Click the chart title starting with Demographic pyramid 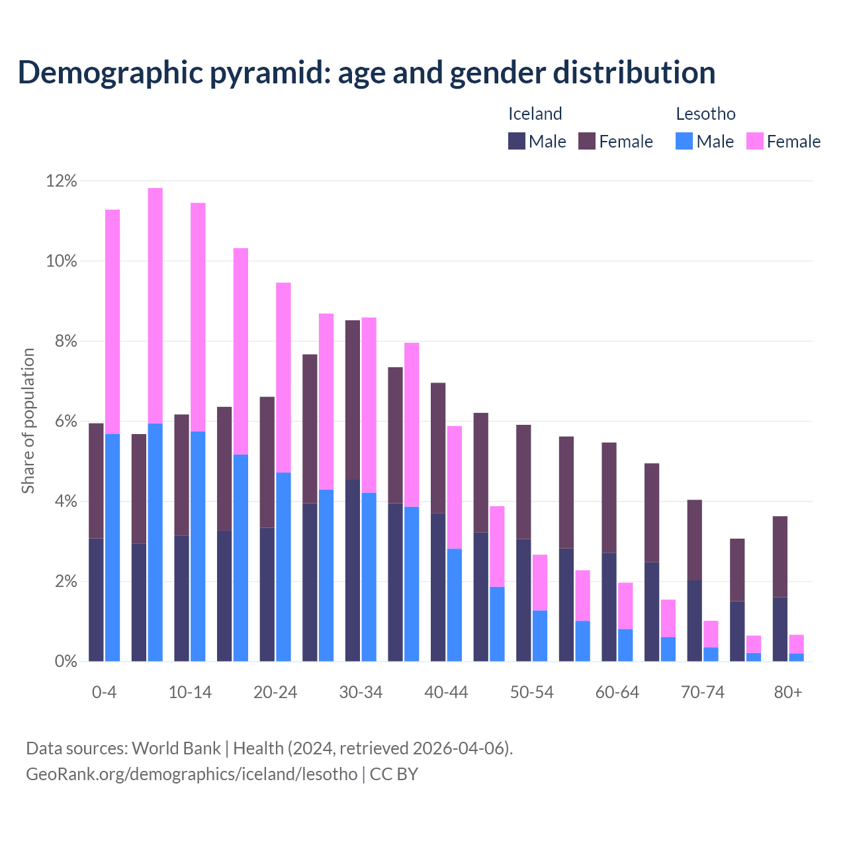pyautogui.click(x=366, y=73)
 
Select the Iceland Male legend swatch pyautogui.click(x=517, y=141)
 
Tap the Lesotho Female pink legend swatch pyautogui.click(x=754, y=141)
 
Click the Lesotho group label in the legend pyautogui.click(x=705, y=114)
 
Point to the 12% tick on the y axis pyautogui.click(x=61, y=181)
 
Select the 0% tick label pyautogui.click(x=65, y=662)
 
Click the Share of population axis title pyautogui.click(x=28, y=421)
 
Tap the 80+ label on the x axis pyautogui.click(x=788, y=692)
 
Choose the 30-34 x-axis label pyautogui.click(x=361, y=692)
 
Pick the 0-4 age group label pyautogui.click(x=104, y=692)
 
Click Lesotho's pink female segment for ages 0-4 pyautogui.click(x=112, y=322)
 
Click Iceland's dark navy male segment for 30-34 pyautogui.click(x=353, y=570)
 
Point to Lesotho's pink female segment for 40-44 pyautogui.click(x=455, y=487)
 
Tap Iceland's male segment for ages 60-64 pyautogui.click(x=609, y=607)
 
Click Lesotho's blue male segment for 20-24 pyautogui.click(x=283, y=566)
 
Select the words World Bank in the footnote pyautogui.click(x=176, y=748)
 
